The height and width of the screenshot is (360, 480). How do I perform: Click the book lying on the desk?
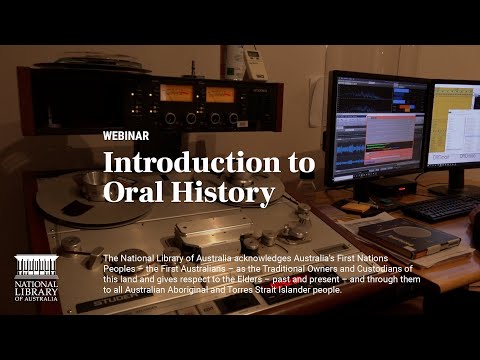(395, 236)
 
